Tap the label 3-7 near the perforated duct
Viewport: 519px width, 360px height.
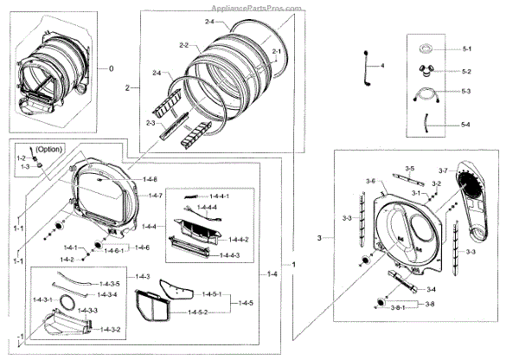pyautogui.click(x=442, y=170)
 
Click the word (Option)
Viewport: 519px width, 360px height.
pyautogui.click(x=50, y=149)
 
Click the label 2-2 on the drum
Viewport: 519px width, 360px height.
pyautogui.click(x=183, y=44)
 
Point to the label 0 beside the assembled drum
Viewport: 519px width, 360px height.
pyautogui.click(x=111, y=68)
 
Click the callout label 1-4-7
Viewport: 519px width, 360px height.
pyautogui.click(x=154, y=196)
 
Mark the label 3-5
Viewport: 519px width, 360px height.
pyautogui.click(x=409, y=169)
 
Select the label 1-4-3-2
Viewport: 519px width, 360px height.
pyautogui.click(x=110, y=330)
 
